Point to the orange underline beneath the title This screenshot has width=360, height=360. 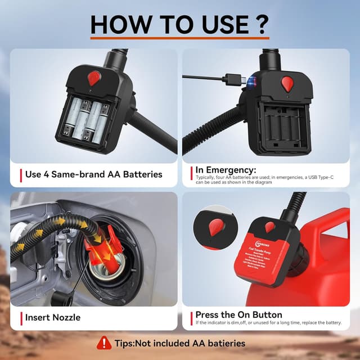[x=179, y=38]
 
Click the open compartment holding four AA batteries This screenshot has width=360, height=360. [x=90, y=119]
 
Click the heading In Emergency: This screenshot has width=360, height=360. [x=225, y=169]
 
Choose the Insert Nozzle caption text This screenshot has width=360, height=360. [x=53, y=317]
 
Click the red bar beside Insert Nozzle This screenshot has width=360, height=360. [x=21, y=317]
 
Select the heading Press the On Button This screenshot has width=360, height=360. [x=238, y=314]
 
